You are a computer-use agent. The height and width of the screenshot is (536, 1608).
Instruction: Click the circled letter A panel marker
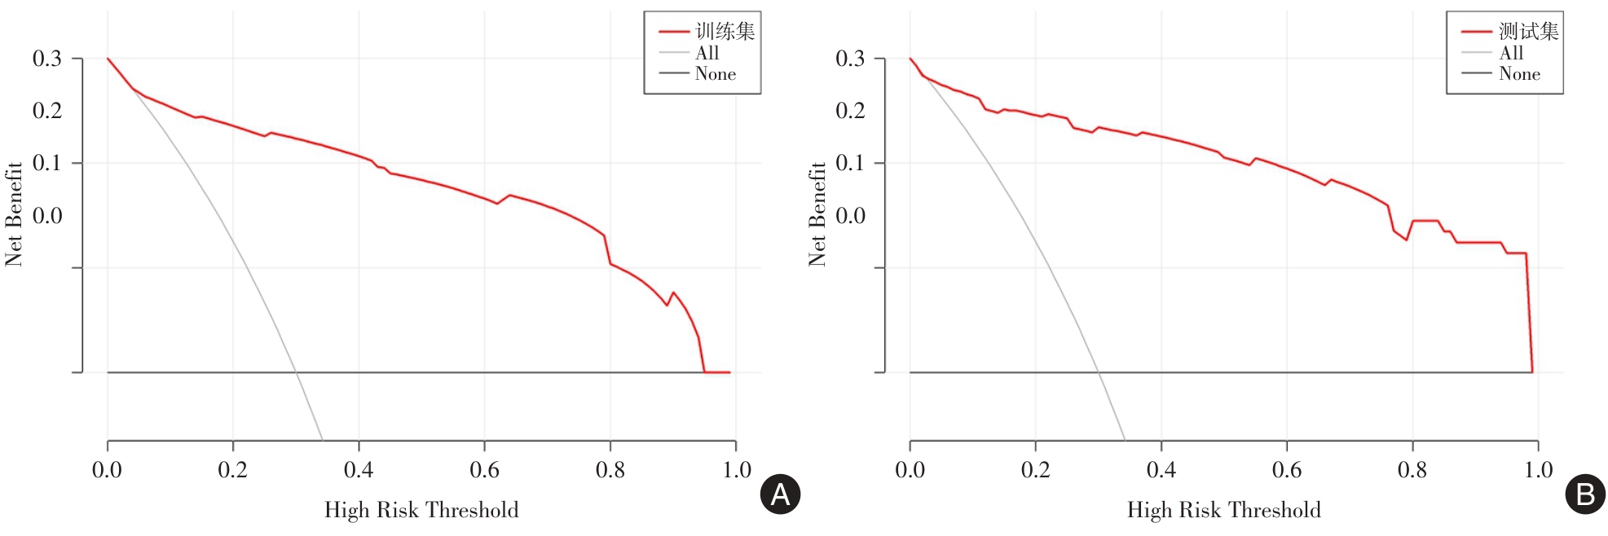780,494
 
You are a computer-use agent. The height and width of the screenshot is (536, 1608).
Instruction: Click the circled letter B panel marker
1585,494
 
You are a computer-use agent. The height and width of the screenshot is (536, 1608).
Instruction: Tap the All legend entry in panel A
707,53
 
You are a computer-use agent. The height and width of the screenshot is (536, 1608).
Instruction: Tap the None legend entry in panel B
1519,74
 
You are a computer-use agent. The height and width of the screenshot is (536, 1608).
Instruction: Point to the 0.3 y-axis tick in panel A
47,59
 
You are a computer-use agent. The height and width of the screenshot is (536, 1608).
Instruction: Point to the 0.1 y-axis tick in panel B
850,163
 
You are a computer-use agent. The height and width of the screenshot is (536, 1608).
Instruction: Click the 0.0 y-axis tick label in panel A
47,216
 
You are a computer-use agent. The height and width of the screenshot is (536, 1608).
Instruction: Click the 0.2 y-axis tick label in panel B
850,111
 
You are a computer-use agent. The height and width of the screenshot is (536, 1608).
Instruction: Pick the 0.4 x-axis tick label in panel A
359,470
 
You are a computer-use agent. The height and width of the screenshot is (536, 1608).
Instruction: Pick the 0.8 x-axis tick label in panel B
1412,470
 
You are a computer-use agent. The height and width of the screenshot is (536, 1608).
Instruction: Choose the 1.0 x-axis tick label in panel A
737,470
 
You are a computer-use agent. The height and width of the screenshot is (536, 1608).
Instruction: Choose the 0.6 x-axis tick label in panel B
1287,470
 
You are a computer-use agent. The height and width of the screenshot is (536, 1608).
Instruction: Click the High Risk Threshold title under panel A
421,511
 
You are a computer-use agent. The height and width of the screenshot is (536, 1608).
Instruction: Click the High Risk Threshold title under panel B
1224,511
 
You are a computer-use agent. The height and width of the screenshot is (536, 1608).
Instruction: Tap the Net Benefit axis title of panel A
14,214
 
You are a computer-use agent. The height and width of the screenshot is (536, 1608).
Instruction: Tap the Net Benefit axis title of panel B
817,214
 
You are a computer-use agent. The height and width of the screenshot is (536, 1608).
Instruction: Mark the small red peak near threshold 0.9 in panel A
673,292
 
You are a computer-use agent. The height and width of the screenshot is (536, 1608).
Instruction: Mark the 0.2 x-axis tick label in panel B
1036,470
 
